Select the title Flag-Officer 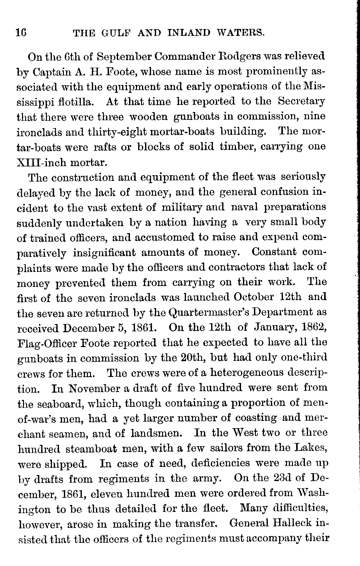(46, 343)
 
